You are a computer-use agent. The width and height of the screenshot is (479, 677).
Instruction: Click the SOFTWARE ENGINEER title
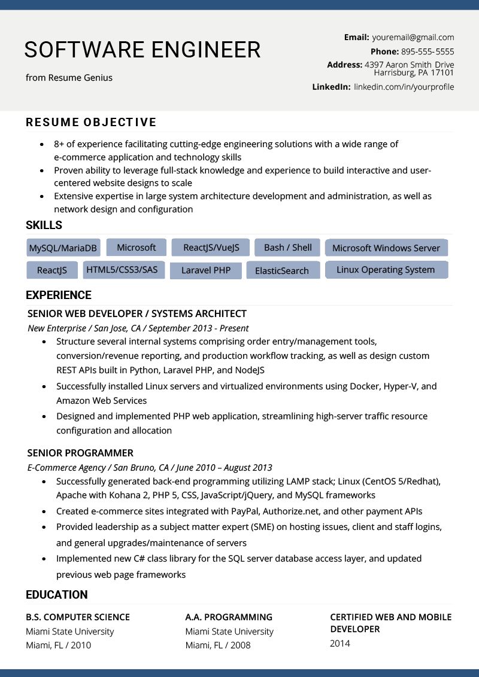click(x=143, y=50)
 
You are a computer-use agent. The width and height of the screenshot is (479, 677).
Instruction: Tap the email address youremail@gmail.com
click(x=413, y=37)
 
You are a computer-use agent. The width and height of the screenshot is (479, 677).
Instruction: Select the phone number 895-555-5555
click(x=428, y=51)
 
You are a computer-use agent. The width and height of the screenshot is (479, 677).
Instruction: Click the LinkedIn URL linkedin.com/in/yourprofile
click(x=404, y=87)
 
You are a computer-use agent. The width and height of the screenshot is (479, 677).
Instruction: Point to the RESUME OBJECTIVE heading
click(x=91, y=123)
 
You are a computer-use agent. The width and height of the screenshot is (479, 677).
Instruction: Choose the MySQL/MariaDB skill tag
click(x=63, y=248)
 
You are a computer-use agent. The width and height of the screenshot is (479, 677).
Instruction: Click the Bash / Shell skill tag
click(x=287, y=247)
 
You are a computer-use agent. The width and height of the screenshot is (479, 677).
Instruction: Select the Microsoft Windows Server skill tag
click(x=386, y=248)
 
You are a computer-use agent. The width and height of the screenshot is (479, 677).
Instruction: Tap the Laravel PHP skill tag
click(x=205, y=270)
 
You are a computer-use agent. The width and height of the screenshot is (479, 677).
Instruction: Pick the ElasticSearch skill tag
click(x=281, y=270)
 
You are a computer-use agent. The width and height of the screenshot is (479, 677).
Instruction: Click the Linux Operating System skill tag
click(x=386, y=270)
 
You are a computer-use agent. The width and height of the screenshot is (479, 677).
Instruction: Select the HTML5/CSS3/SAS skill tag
click(x=122, y=270)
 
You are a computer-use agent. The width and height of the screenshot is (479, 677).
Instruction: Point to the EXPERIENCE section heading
click(x=59, y=295)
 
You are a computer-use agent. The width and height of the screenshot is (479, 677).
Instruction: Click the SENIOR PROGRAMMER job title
click(x=80, y=453)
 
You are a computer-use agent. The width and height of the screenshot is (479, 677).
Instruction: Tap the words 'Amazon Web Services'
click(x=101, y=401)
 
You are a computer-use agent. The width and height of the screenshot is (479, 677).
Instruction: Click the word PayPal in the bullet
click(x=245, y=511)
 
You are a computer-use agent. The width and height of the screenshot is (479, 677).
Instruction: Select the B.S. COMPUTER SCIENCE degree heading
click(x=78, y=617)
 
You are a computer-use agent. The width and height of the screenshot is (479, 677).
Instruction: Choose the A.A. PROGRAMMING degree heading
click(x=229, y=617)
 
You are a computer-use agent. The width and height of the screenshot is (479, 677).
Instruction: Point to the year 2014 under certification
click(x=340, y=644)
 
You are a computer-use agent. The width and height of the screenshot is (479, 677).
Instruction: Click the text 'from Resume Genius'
click(x=69, y=77)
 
